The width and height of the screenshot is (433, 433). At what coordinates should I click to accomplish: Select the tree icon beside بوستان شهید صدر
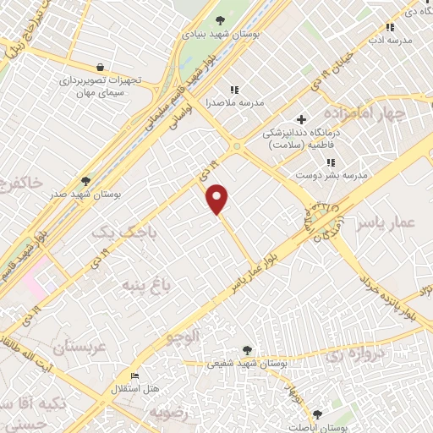coord(85,181)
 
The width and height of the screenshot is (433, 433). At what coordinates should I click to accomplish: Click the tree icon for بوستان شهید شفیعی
coord(246,349)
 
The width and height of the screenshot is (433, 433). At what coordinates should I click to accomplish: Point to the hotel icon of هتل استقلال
coord(134,376)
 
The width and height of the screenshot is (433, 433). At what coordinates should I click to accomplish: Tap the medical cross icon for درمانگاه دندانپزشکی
coord(301,120)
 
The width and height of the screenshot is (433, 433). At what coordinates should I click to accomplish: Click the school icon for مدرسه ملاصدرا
coord(234,89)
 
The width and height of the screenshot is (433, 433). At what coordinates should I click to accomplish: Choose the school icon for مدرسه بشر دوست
coord(332,162)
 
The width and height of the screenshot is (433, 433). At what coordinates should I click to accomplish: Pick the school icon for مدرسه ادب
coord(390,27)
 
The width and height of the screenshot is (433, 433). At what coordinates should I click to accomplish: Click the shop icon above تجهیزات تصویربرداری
coord(101,68)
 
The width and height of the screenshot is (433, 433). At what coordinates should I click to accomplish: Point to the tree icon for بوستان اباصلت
coord(317,414)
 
